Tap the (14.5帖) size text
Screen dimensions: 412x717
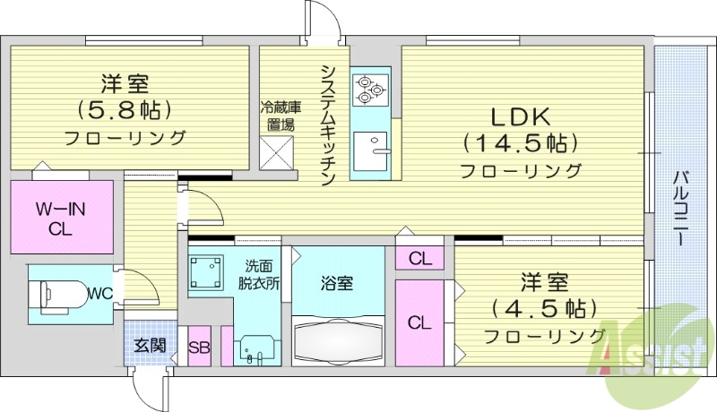[519, 143]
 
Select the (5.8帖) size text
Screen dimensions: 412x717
[124, 110]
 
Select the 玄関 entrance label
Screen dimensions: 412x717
[150, 345]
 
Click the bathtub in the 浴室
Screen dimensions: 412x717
[340, 340]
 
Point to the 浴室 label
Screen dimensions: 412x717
[338, 284]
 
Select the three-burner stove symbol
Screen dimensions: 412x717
[368, 89]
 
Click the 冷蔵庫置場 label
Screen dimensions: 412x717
[280, 116]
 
